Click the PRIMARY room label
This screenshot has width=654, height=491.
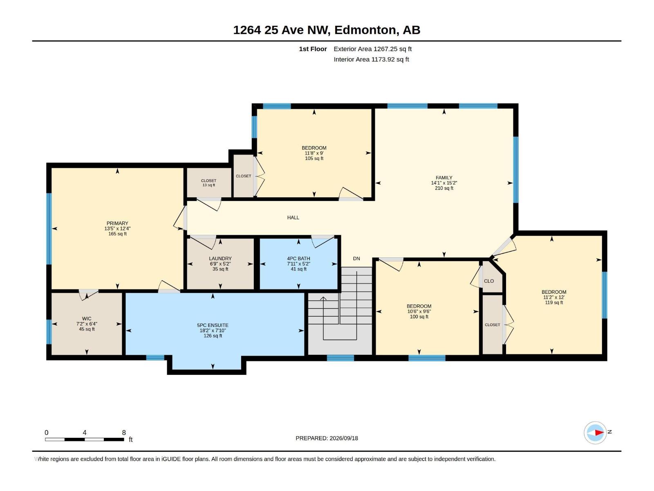click(x=117, y=223)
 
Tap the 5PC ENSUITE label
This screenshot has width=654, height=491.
click(x=213, y=325)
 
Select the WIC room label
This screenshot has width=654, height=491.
click(x=87, y=319)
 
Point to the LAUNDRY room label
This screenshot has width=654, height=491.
click(x=220, y=259)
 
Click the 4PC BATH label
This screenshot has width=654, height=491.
click(x=298, y=259)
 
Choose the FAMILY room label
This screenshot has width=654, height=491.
click(x=444, y=178)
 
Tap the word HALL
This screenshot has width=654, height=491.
click(x=293, y=218)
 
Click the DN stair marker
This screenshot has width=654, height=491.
click(x=356, y=259)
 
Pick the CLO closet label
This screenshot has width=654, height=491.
click(x=489, y=281)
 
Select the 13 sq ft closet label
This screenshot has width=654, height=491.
click(x=208, y=185)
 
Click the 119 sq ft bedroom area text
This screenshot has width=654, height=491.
click(x=554, y=302)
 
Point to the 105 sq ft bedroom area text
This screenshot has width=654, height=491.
click(x=314, y=158)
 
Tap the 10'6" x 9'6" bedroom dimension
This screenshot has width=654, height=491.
click(x=419, y=311)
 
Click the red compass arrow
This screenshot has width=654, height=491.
click(x=599, y=432)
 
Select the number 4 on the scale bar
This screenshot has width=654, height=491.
click(x=85, y=432)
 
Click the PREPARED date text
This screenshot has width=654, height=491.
click(x=327, y=438)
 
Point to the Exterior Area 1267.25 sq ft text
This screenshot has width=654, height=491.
click(x=372, y=49)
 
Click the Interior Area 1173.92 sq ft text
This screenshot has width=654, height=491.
click(x=371, y=59)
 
